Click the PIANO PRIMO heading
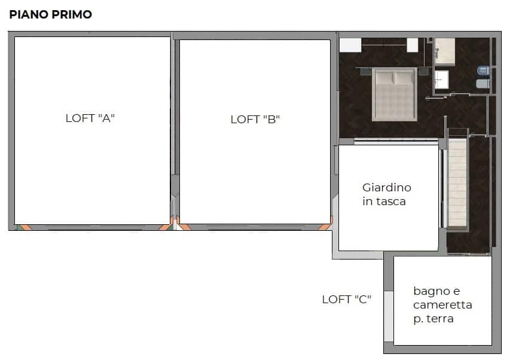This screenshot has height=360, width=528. pos(50,14)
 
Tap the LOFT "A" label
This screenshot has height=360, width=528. pos(90,118)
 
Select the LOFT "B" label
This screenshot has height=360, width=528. pos(255,119)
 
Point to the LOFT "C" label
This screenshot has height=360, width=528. pos(346,300)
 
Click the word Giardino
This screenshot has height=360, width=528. pos(386,187)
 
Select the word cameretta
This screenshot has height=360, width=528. pos(442,305)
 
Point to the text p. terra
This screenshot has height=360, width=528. pos(434,319)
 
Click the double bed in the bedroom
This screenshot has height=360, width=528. pos(395,94)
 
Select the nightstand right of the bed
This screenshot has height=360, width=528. pos(423,71)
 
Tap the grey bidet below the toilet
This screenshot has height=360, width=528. pos(483,84)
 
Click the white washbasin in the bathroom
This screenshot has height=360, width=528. pos(441,80)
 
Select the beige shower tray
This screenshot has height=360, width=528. pos(444,51)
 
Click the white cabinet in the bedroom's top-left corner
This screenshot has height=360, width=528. pos(350,45)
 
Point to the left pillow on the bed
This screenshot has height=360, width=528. pos(384,78)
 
